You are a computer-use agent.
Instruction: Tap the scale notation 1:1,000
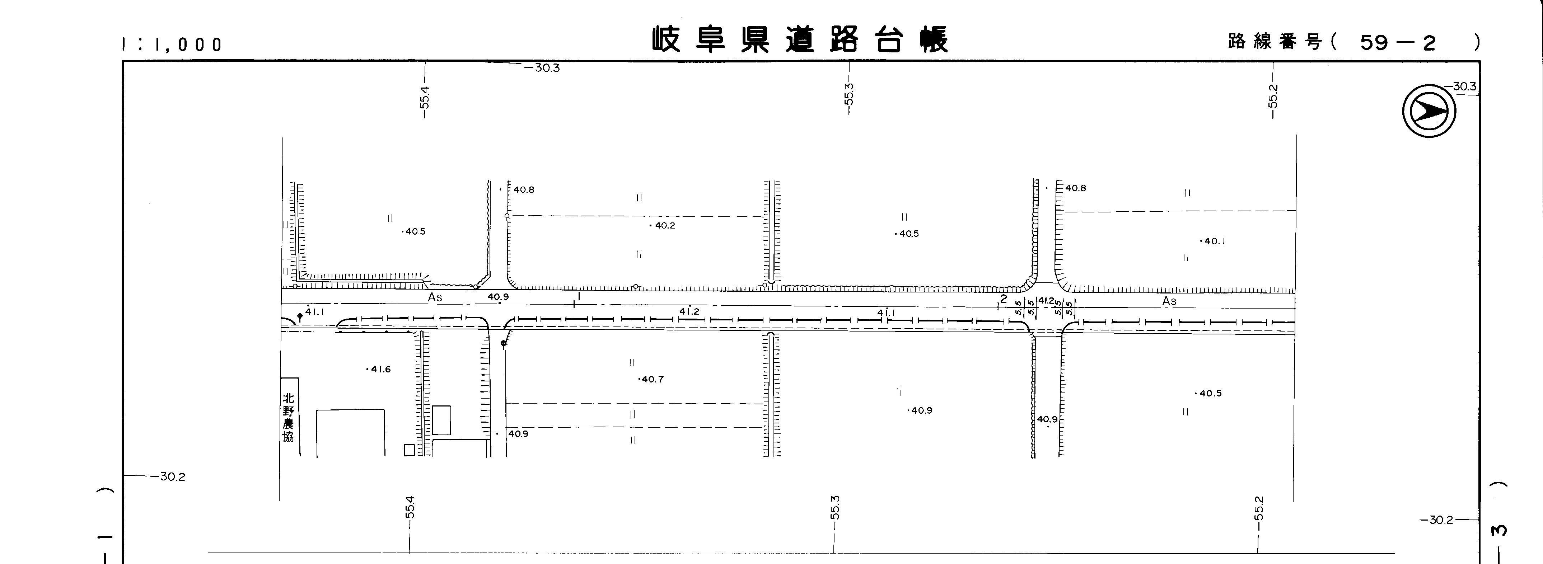[172, 44]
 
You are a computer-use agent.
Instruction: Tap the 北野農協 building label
[289, 417]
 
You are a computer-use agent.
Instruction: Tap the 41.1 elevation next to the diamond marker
[314, 311]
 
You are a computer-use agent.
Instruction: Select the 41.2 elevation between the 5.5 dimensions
[1046, 301]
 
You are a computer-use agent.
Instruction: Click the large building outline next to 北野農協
[350, 433]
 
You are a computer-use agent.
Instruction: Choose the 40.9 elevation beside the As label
[498, 296]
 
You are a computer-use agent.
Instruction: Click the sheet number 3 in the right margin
[1499, 531]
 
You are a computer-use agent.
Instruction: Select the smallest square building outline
[409, 450]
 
